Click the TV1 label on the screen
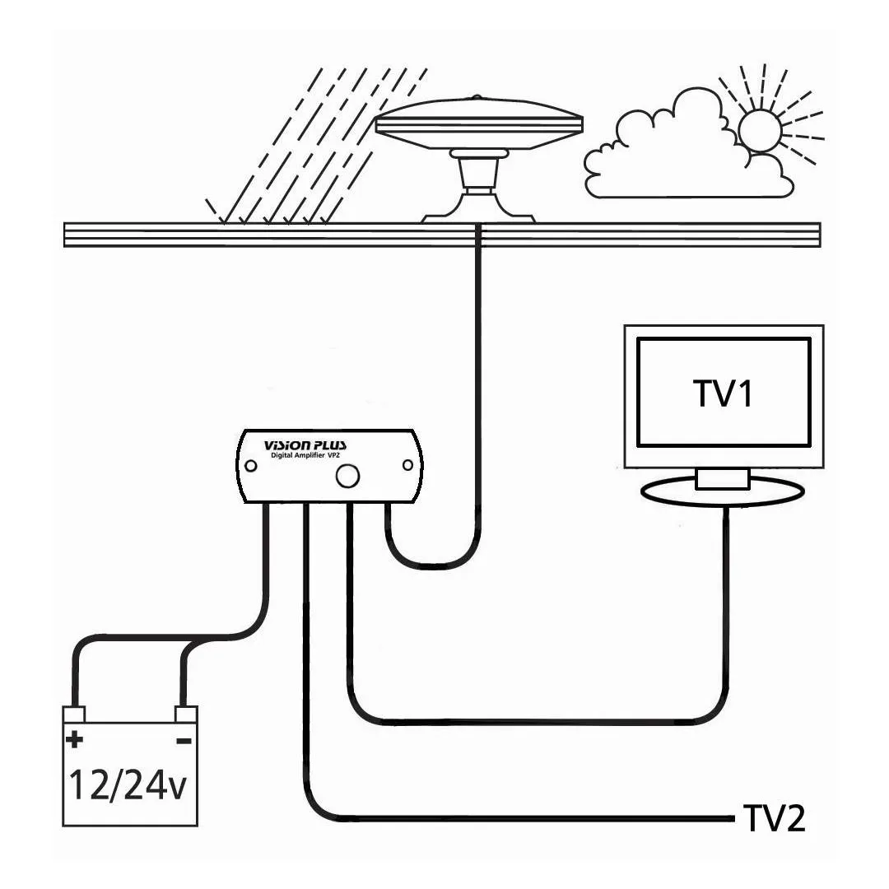(x=724, y=393)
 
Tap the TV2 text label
(x=774, y=818)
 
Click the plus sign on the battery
(x=75, y=739)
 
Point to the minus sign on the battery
(x=184, y=740)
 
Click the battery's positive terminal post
(x=75, y=714)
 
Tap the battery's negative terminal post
(x=186, y=714)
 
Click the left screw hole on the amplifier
(x=251, y=466)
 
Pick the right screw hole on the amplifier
(x=407, y=466)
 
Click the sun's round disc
(x=759, y=130)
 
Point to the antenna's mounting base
(x=478, y=206)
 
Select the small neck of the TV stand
(x=722, y=477)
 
